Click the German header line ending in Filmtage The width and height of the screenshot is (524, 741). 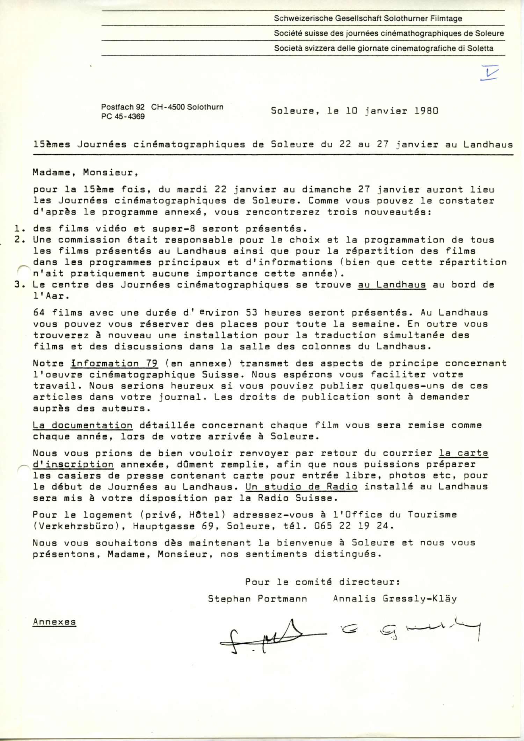pos(368,19)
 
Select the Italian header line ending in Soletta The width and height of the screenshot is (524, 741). pos(384,48)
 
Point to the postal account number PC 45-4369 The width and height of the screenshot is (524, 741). pos(123,116)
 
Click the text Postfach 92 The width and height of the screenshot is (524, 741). pos(123,107)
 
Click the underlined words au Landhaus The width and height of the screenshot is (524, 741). pos(392,285)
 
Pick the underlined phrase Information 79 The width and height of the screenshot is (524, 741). pos(114,364)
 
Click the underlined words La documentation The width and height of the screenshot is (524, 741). pos(82,426)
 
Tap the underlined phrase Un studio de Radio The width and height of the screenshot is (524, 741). pos(301,487)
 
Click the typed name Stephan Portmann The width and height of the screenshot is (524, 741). pos(257,599)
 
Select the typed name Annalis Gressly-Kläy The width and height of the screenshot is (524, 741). pos(395,599)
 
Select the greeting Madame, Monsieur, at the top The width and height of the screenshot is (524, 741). pos(83,173)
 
